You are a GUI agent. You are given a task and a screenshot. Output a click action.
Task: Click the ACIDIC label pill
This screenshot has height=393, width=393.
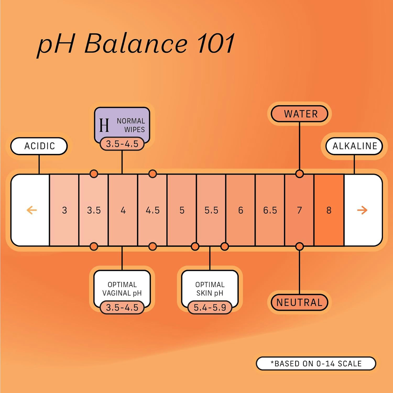coord(39,146)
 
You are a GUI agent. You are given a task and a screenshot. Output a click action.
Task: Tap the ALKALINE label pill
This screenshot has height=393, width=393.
coord(354,146)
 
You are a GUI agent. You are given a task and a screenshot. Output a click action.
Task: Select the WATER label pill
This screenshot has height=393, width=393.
coord(299,114)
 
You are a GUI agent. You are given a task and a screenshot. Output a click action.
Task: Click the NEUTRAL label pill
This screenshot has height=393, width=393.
coord(299,303)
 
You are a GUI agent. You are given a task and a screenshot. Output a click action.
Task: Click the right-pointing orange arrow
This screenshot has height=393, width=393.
coord(362,210)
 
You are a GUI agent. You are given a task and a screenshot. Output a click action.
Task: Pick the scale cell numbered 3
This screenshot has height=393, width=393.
coord(64,210)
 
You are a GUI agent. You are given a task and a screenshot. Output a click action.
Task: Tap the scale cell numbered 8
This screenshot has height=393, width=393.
coord(329,210)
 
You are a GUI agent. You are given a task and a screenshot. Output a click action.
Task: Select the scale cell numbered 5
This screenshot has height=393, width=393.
coord(182,210)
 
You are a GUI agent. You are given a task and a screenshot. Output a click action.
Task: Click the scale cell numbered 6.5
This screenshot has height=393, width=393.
coord(270,210)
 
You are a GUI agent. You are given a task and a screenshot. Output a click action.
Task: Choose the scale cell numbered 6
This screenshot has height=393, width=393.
coord(241,210)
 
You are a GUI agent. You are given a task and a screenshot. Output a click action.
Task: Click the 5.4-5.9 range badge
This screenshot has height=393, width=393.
coord(210,308)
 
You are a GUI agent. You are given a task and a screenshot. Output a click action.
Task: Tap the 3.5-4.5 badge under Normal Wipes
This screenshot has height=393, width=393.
coord(122,144)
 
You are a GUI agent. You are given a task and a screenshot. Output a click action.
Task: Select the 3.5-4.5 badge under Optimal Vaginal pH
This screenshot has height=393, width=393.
coord(122,308)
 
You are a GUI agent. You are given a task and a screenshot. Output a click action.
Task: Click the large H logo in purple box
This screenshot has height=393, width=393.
coord(104,125)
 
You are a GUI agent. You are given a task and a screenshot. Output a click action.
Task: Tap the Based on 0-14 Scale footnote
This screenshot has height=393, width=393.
coord(316,363)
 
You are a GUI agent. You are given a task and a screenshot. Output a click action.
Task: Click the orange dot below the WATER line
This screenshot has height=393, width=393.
coord(299,174)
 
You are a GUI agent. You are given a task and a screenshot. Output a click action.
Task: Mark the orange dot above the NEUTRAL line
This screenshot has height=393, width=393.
coord(299,247)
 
